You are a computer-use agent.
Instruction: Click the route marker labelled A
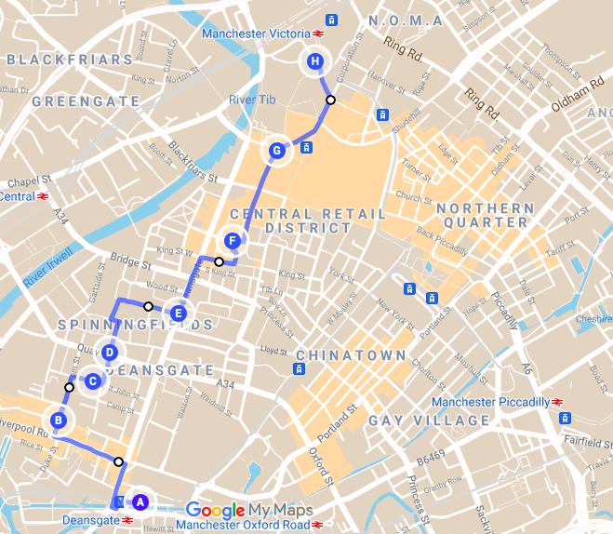[x=140, y=501]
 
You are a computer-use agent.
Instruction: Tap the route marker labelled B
[x=59, y=421]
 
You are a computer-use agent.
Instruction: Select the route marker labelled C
[x=92, y=380]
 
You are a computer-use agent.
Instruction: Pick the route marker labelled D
[x=110, y=353]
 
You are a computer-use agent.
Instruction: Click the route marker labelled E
[x=179, y=313]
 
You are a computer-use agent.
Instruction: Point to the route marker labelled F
[x=233, y=242]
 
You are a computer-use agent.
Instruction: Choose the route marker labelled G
[x=275, y=151]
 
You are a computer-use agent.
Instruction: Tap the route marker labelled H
[x=315, y=62]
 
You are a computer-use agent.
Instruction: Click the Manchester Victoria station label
[x=255, y=33]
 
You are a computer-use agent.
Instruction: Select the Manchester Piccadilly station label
[x=492, y=402]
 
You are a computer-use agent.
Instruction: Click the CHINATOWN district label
[x=351, y=355]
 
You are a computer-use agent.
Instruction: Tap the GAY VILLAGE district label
[x=429, y=421]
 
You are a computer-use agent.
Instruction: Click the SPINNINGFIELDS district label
[x=134, y=325]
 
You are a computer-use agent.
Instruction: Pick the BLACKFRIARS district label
[x=70, y=60]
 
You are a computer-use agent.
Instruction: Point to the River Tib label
[x=254, y=100]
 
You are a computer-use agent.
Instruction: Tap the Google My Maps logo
[x=249, y=510]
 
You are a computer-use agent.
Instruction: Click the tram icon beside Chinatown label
[x=299, y=369]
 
